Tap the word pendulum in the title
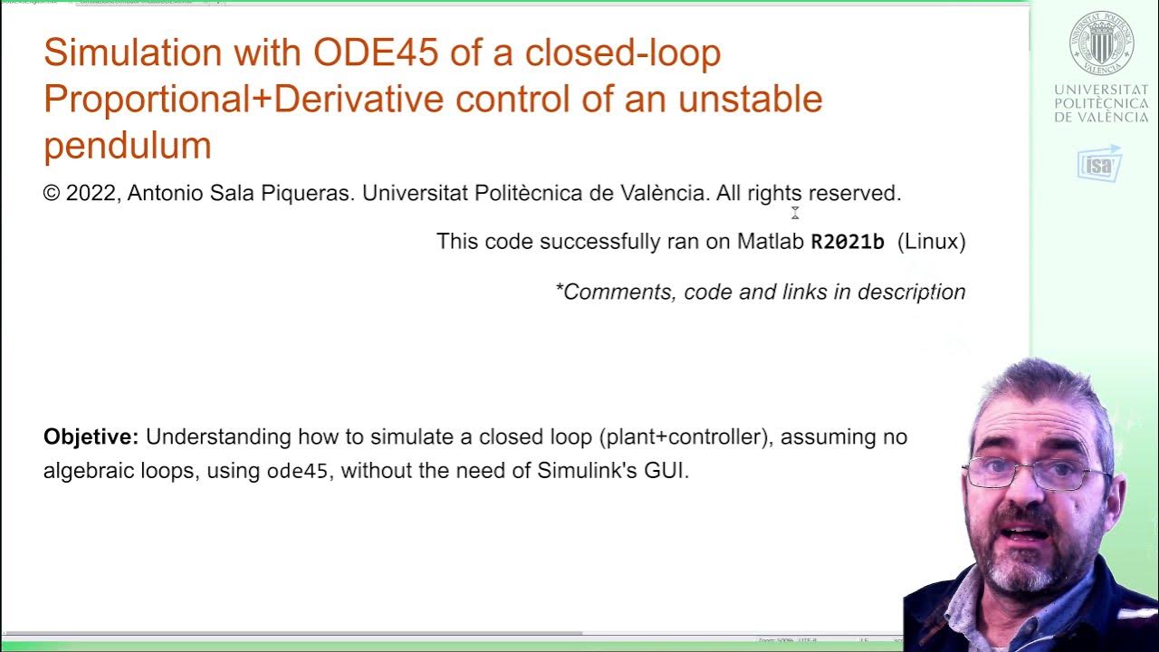(128, 146)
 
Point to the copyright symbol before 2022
(52, 194)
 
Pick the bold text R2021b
(847, 242)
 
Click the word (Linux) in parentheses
(931, 242)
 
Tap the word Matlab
(770, 242)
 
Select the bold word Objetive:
(91, 437)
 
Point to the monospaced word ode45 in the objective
(297, 472)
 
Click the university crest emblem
(1101, 43)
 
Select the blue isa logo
(1099, 164)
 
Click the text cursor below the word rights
(795, 213)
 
